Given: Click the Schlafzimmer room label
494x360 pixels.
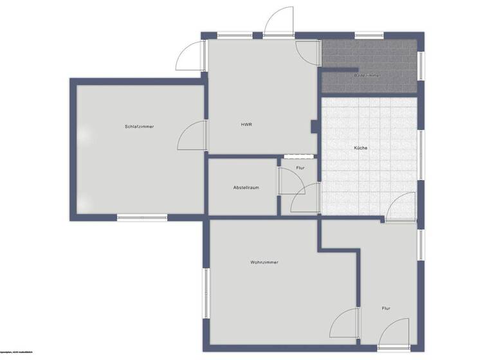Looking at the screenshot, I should click(140, 126).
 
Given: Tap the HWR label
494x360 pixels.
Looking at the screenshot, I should click(246, 124).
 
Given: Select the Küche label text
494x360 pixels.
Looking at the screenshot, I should click(361, 148).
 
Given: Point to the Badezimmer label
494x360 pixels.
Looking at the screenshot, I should click(367, 76).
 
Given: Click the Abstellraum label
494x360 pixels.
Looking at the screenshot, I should click(246, 187).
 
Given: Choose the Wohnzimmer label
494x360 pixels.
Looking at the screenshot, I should click(265, 262).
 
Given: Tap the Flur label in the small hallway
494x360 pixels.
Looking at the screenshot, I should click(300, 168).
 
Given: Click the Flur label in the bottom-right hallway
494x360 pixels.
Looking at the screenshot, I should click(386, 309).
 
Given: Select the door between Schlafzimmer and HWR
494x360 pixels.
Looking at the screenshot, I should click(193, 136).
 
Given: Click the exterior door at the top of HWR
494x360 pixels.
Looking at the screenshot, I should click(279, 21).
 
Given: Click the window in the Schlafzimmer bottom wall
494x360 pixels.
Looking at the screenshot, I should click(142, 217).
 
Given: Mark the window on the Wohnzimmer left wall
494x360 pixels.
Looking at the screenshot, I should click(206, 293).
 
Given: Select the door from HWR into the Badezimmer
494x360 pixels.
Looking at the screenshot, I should click(309, 48).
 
